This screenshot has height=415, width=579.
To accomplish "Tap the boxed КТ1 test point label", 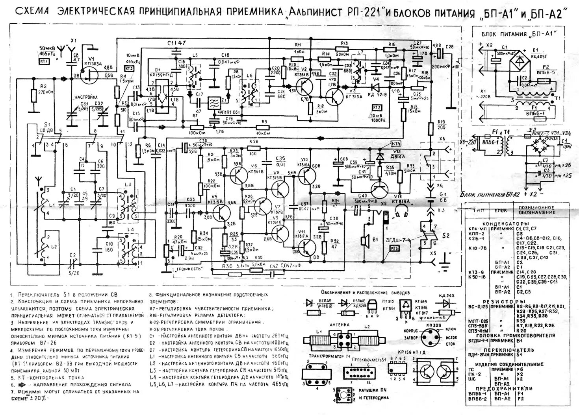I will click(44, 62).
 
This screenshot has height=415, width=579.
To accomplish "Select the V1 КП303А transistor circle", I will click(90, 73).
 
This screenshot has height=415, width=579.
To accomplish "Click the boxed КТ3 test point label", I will click(377, 107).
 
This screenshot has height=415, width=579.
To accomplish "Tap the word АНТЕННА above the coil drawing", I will click(343, 325).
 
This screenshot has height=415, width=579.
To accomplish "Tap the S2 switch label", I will click(445, 235).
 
